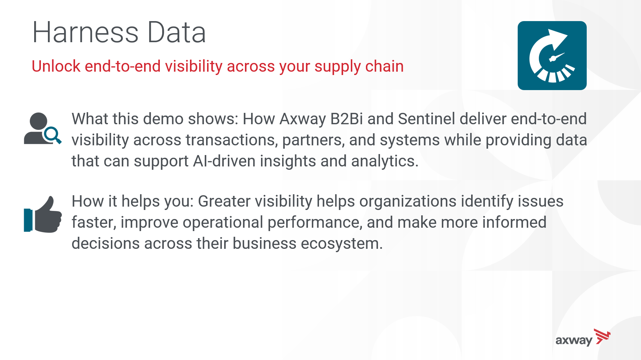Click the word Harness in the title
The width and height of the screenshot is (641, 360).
click(x=85, y=32)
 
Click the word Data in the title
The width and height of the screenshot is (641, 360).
click(x=177, y=32)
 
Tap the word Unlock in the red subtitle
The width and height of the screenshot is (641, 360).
click(x=56, y=66)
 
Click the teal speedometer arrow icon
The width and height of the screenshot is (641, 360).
click(x=552, y=56)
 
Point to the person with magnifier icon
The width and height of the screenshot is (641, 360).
click(x=43, y=128)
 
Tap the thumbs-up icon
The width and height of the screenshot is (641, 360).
click(x=43, y=214)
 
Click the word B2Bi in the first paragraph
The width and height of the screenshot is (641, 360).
click(x=346, y=119)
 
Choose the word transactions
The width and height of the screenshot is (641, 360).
click(x=232, y=140)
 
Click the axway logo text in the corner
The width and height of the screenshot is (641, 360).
click(x=574, y=341)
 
